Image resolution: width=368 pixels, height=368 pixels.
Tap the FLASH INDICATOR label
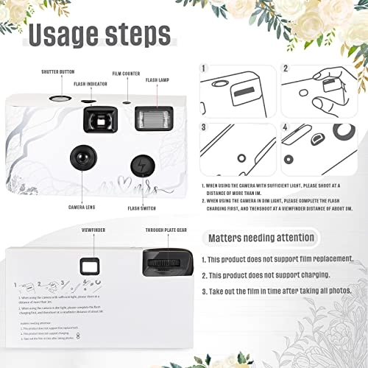(92, 84)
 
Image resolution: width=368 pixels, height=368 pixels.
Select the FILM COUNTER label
(127, 73)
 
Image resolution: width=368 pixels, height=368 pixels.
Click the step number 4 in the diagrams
(286, 127)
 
